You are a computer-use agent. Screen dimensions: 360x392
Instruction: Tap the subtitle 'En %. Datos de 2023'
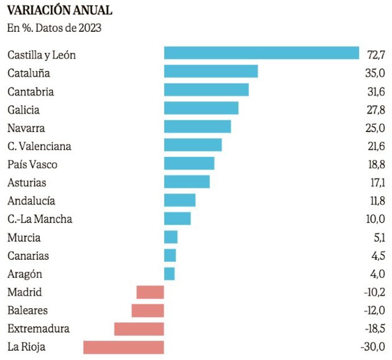pyautogui.click(x=54, y=28)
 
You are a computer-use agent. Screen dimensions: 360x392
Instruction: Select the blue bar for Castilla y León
pyautogui.click(x=261, y=53)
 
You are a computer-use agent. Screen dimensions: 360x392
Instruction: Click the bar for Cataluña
pyautogui.click(x=211, y=71)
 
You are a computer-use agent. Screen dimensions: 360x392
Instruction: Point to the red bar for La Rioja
pyautogui.click(x=123, y=347)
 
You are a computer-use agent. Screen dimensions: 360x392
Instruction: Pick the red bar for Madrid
pyautogui.click(x=150, y=292)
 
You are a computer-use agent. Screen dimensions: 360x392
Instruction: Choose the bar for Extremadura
pyautogui.click(x=139, y=329)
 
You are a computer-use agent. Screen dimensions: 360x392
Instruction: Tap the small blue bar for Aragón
pyautogui.click(x=169, y=274)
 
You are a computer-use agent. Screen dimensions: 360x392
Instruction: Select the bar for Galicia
pyautogui.click(x=201, y=108)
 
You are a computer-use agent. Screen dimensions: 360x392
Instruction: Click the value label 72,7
pyautogui.click(x=377, y=55)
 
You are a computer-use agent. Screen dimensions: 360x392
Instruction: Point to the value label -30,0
pyautogui.click(x=374, y=347)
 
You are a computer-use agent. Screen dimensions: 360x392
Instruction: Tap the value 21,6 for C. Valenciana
pyautogui.click(x=377, y=147)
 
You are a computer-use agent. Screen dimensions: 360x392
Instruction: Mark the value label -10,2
pyautogui.click(x=374, y=292)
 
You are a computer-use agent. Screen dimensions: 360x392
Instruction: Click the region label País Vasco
pyautogui.click(x=32, y=165)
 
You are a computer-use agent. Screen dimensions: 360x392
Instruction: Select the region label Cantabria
pyautogui.click(x=31, y=92)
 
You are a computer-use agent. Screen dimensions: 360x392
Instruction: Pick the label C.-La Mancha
pyautogui.click(x=40, y=220)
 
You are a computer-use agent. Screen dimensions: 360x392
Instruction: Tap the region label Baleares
pyautogui.click(x=27, y=311)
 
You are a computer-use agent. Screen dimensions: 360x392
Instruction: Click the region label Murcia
pyautogui.click(x=24, y=238)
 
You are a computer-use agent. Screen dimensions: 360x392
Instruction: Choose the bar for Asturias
pyautogui.click(x=186, y=181)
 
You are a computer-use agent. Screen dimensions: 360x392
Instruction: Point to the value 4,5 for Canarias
pyautogui.click(x=378, y=256)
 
